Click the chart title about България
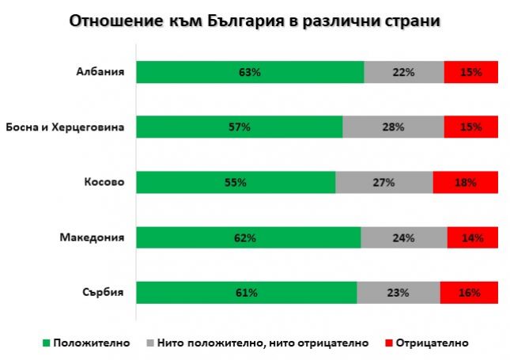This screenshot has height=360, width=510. pyautogui.click(x=255, y=21)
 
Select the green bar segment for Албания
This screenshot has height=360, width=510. pyautogui.click(x=250, y=72)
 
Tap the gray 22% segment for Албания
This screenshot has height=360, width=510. pyautogui.click(x=404, y=72)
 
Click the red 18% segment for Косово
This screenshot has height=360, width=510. pyautogui.click(x=466, y=182)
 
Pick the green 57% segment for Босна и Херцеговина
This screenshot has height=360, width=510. pyautogui.click(x=239, y=127)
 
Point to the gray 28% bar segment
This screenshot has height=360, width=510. pyautogui.click(x=393, y=127)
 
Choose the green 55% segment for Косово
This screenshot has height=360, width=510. pyautogui.click(x=236, y=182)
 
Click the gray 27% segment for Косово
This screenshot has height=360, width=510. pyautogui.click(x=384, y=182)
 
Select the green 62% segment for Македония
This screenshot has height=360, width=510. pyautogui.click(x=248, y=237)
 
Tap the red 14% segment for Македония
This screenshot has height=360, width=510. pyautogui.click(x=473, y=237)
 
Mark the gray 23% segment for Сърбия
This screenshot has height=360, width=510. pyautogui.click(x=398, y=293)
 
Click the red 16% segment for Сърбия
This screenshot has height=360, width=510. pyautogui.click(x=469, y=293)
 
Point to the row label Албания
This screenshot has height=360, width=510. pyautogui.click(x=100, y=72)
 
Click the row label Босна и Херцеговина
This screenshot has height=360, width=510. pyautogui.click(x=65, y=127)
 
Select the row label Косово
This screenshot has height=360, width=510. pyautogui.click(x=104, y=182)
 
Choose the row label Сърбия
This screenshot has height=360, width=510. pyautogui.click(x=104, y=293)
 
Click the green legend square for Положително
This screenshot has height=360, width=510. pyautogui.click(x=46, y=343)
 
